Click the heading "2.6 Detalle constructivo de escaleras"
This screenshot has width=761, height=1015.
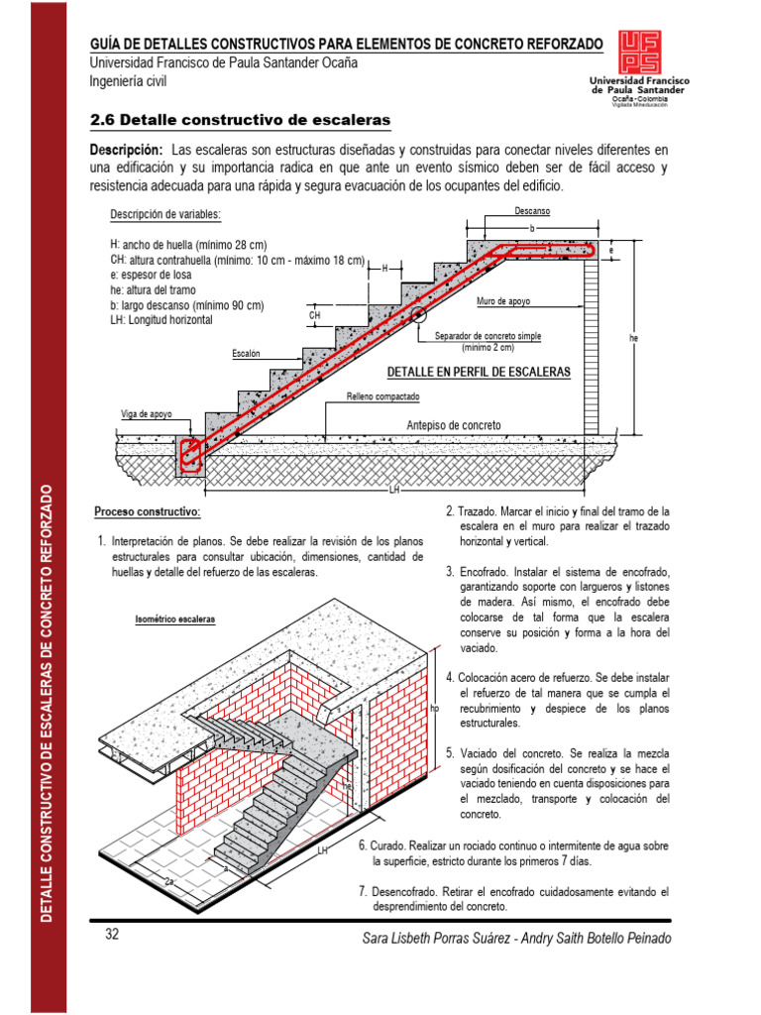[240, 120]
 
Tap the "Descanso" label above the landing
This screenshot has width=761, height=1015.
[532, 212]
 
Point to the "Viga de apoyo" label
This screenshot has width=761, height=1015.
[148, 414]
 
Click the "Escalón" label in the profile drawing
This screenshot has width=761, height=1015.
[246, 353]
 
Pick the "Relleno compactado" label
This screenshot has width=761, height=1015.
[382, 396]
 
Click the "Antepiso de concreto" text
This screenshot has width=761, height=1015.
[454, 425]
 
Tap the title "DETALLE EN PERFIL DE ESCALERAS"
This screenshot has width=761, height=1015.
[479, 372]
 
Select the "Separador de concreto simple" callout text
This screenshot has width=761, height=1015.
[488, 337]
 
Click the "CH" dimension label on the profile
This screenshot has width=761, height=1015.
[315, 315]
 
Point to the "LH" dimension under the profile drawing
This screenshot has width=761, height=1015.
[394, 490]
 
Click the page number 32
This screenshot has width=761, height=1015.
[112, 935]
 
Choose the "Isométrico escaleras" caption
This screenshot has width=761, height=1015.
[174, 620]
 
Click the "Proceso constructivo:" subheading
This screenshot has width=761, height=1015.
[148, 511]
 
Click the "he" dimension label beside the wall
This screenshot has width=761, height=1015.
[634, 339]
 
